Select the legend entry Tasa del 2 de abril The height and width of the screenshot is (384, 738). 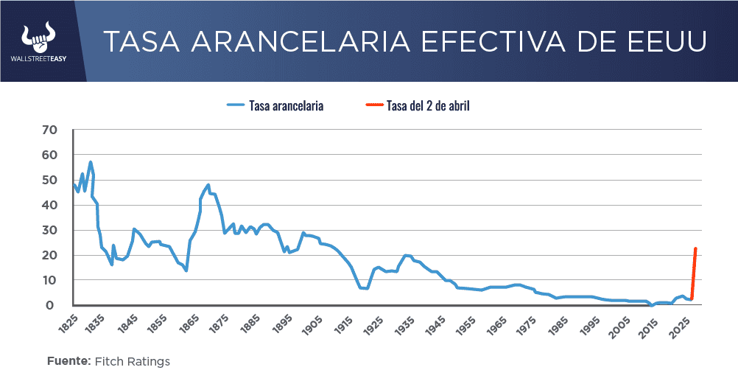428,105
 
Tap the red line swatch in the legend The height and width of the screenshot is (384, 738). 373,105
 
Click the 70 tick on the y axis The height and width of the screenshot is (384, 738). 50,130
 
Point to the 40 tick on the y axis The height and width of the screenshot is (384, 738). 50,205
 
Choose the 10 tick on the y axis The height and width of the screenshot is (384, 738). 50,280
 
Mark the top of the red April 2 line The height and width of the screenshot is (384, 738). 695,249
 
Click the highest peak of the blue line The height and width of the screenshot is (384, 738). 91,162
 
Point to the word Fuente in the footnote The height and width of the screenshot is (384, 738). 68,361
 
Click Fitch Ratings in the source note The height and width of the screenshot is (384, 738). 133,361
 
